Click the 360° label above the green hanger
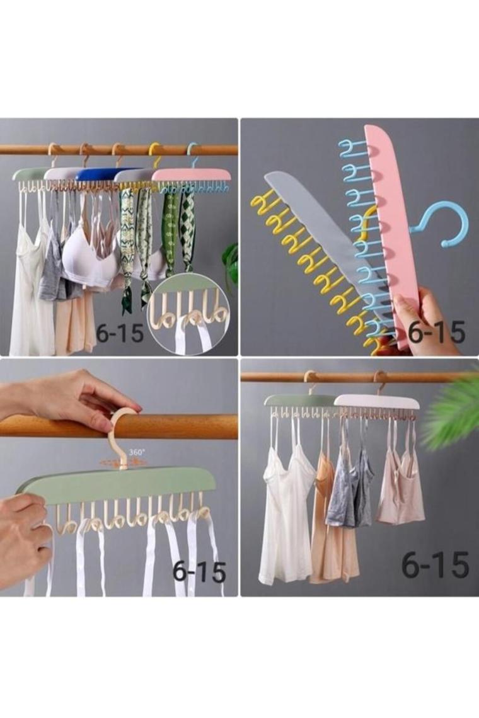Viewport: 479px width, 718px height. tap(137, 452)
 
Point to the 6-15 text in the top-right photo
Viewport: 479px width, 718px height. tap(436, 333)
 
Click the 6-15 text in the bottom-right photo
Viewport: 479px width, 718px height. tap(435, 564)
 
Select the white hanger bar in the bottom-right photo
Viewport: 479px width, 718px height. tap(378, 402)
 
